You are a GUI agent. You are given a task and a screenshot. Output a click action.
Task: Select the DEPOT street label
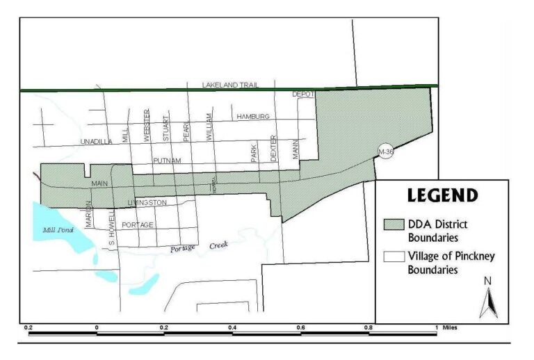click(303, 94)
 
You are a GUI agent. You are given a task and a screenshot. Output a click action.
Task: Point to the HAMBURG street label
click(252, 116)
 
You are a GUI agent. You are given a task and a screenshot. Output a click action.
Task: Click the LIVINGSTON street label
click(147, 202)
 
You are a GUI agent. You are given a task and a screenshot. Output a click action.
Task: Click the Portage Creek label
click(199, 247)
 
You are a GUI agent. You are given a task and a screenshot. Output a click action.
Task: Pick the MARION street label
click(90, 214)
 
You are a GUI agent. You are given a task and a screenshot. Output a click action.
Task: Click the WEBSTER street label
click(147, 126)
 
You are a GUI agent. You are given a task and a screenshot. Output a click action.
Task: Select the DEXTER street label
click(274, 148)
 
